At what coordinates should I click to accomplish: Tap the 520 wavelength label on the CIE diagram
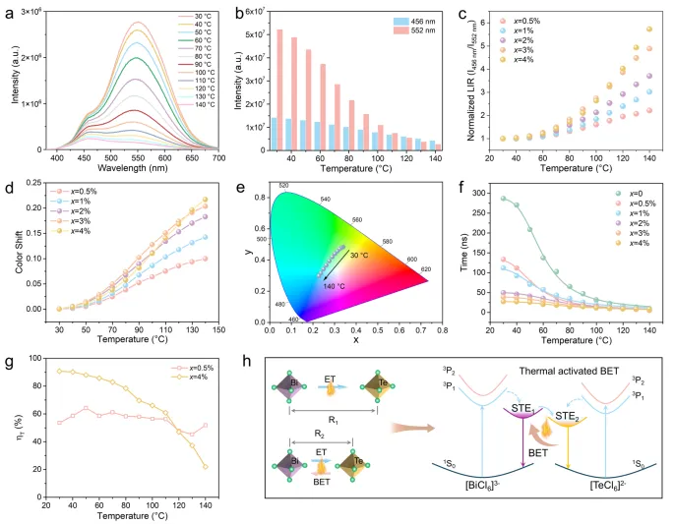pos(283,186)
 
